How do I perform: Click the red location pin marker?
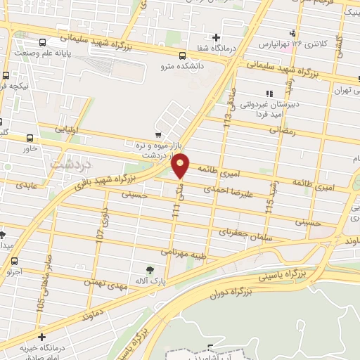coord(181,165)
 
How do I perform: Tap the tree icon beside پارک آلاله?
coord(149,270)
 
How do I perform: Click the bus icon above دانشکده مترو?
coord(182,56)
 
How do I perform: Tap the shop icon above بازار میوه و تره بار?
coord(158,134)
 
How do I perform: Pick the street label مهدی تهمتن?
coord(104,283)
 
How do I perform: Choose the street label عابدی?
coord(32,186)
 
